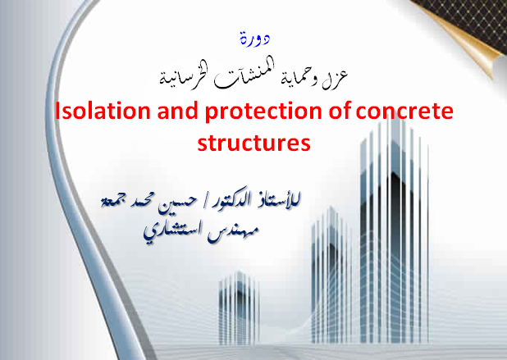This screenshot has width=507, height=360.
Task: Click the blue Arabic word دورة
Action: coord(255,39)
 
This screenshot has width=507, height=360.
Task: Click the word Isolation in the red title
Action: coord(103,111)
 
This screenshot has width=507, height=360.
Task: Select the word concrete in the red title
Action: coord(404,112)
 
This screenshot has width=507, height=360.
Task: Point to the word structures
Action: coord(253,143)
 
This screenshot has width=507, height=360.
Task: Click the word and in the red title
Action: coord(177,111)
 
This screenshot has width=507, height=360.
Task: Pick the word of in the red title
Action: coord(339,111)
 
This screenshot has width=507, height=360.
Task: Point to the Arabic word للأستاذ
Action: coord(279,198)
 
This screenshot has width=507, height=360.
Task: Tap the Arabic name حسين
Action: coord(177,203)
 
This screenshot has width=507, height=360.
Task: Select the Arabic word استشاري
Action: coord(173,233)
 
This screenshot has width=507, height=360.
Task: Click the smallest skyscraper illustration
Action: coord(239,308)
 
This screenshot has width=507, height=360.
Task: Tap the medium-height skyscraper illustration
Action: coord(331,275)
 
